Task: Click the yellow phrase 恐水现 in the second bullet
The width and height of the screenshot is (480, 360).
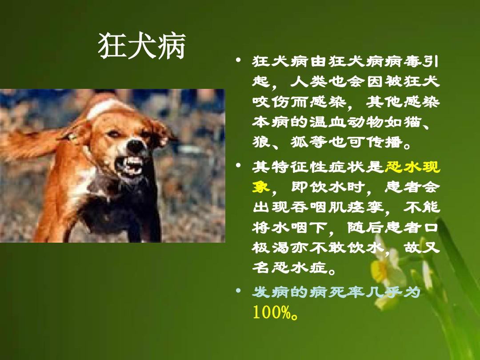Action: point(412,167)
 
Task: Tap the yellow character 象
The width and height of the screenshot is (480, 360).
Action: point(261,186)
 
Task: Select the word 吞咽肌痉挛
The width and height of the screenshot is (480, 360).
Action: point(337,207)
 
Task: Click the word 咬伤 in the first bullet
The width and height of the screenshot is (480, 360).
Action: point(271,102)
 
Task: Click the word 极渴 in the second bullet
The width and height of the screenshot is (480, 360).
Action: point(271,248)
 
